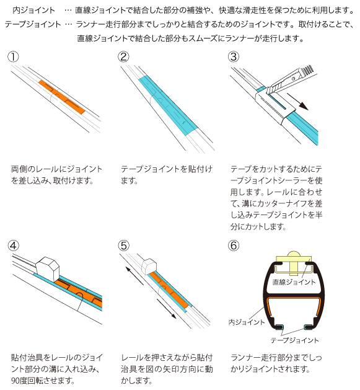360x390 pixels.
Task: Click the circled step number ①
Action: pyautogui.click(x=13, y=56)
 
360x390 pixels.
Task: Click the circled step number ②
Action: pyautogui.click(x=123, y=56)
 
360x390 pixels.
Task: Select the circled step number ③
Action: pyautogui.click(x=234, y=56)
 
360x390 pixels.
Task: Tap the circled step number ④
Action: pyautogui.click(x=13, y=246)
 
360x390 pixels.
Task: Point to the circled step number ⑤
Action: pyautogui.click(x=123, y=246)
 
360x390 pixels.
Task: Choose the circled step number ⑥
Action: pyautogui.click(x=234, y=246)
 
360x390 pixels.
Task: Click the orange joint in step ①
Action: pyautogui.click(x=62, y=97)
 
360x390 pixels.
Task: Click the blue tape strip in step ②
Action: pyautogui.click(x=168, y=105)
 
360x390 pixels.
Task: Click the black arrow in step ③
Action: pyautogui.click(x=297, y=102)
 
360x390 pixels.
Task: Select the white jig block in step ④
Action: pyautogui.click(x=48, y=270)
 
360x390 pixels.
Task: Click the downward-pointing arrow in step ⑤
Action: pyautogui.click(x=166, y=308)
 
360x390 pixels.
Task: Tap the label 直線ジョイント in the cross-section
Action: pyautogui.click(x=294, y=282)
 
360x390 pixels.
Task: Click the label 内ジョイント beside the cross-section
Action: pyautogui.click(x=247, y=322)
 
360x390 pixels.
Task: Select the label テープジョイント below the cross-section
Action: pyautogui.click(x=294, y=340)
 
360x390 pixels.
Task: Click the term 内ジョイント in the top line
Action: pyautogui.click(x=33, y=10)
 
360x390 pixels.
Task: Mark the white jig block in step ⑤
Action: pyautogui.click(x=149, y=267)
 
